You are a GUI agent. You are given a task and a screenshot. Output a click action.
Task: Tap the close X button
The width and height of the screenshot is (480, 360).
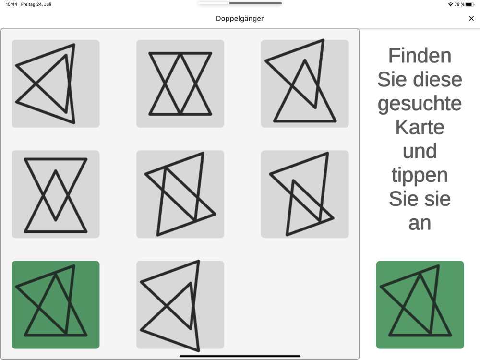[x=471, y=19]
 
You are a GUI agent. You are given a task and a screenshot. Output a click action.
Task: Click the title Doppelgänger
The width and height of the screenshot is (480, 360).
[x=240, y=19]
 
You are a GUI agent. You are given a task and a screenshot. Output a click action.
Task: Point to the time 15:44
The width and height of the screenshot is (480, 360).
[x=12, y=4]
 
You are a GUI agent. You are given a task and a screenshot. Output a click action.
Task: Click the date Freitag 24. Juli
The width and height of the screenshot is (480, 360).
[x=36, y=4]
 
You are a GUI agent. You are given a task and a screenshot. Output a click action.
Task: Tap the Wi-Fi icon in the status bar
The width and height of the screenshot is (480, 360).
[x=450, y=4]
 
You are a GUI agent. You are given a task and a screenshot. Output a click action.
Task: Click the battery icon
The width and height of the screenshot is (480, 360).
[x=469, y=4]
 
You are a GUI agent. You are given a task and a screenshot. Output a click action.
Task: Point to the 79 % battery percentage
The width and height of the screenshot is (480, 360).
[x=459, y=4]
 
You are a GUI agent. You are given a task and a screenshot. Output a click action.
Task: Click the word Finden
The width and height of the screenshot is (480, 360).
[x=420, y=56]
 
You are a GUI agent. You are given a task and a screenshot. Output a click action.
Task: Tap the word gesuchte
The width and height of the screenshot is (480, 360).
[x=420, y=104]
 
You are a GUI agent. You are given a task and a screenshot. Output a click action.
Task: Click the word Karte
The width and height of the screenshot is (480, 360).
[x=420, y=127]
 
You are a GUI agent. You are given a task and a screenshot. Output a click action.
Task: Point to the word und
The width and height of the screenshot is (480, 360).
[x=420, y=151]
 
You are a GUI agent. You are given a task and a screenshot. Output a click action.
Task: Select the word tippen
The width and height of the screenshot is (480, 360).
[x=420, y=176]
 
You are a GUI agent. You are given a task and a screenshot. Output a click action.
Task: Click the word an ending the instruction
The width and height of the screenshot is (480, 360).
[x=420, y=224]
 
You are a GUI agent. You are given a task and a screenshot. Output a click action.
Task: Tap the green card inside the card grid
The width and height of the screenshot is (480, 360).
[x=55, y=305]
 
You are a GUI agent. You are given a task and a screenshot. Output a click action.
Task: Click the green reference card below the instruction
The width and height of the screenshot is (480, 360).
[x=420, y=305]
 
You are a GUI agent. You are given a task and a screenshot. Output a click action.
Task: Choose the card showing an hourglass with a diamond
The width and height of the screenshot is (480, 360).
[x=55, y=194]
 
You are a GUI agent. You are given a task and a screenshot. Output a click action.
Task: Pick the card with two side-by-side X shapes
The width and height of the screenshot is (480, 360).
[x=180, y=84]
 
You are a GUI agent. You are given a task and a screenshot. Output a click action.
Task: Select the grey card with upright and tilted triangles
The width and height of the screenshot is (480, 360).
[x=305, y=84]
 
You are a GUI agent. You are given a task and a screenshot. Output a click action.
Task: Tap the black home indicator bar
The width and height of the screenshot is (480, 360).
[x=240, y=356]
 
